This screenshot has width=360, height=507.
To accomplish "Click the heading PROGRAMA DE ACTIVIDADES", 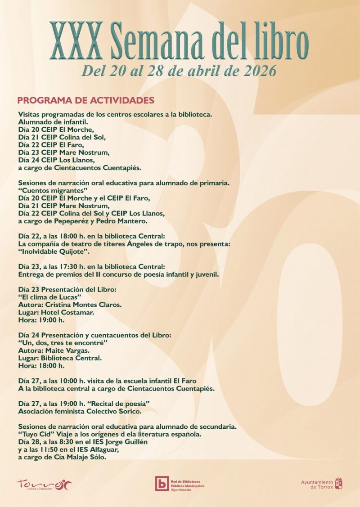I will click(85, 100).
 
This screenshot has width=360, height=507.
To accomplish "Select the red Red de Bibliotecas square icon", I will click(162, 483).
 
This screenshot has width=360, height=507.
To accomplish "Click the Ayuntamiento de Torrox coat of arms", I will click(339, 484).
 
